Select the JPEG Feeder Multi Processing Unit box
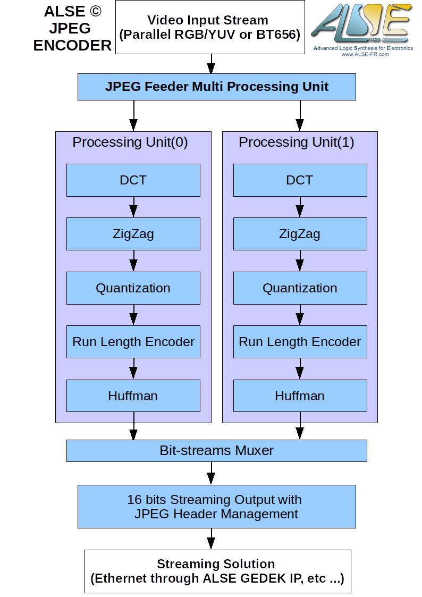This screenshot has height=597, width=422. (216, 87)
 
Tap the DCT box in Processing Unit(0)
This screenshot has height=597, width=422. (133, 180)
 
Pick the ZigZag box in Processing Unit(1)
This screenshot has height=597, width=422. (300, 234)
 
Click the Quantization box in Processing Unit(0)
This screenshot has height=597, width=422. (133, 288)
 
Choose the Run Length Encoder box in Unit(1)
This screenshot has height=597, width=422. (300, 342)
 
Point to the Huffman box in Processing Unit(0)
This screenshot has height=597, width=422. (133, 396)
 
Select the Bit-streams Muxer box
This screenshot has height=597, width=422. (216, 451)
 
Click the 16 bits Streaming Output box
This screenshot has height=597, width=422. (216, 507)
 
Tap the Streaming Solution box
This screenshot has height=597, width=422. (217, 571)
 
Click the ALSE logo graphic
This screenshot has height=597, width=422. (361, 24)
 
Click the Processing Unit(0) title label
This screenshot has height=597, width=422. (130, 142)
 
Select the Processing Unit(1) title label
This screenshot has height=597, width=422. (297, 142)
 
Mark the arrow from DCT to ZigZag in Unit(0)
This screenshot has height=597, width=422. (133, 207)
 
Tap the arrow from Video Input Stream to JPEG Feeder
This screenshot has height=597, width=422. (211, 64)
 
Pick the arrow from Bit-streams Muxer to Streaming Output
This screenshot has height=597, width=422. (211, 473)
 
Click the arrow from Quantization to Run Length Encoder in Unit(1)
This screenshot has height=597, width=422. (300, 315)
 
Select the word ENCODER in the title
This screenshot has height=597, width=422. (72, 46)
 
